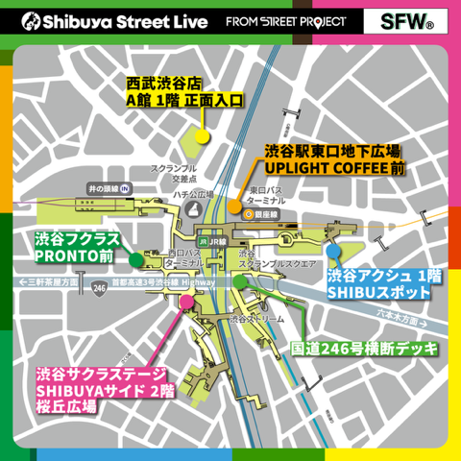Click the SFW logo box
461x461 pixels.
click(x=400, y=20)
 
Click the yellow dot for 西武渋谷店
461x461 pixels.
click(x=202, y=134)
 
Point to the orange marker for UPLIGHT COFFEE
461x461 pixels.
click(x=236, y=205)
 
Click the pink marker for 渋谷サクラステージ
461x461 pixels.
click(x=187, y=303)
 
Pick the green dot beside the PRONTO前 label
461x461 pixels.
click(x=136, y=258)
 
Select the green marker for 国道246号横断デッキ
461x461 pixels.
click(x=238, y=281)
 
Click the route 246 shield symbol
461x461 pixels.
click(x=99, y=285)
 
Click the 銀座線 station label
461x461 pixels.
click(x=264, y=215)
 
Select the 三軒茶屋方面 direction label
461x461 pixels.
click(x=51, y=283)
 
